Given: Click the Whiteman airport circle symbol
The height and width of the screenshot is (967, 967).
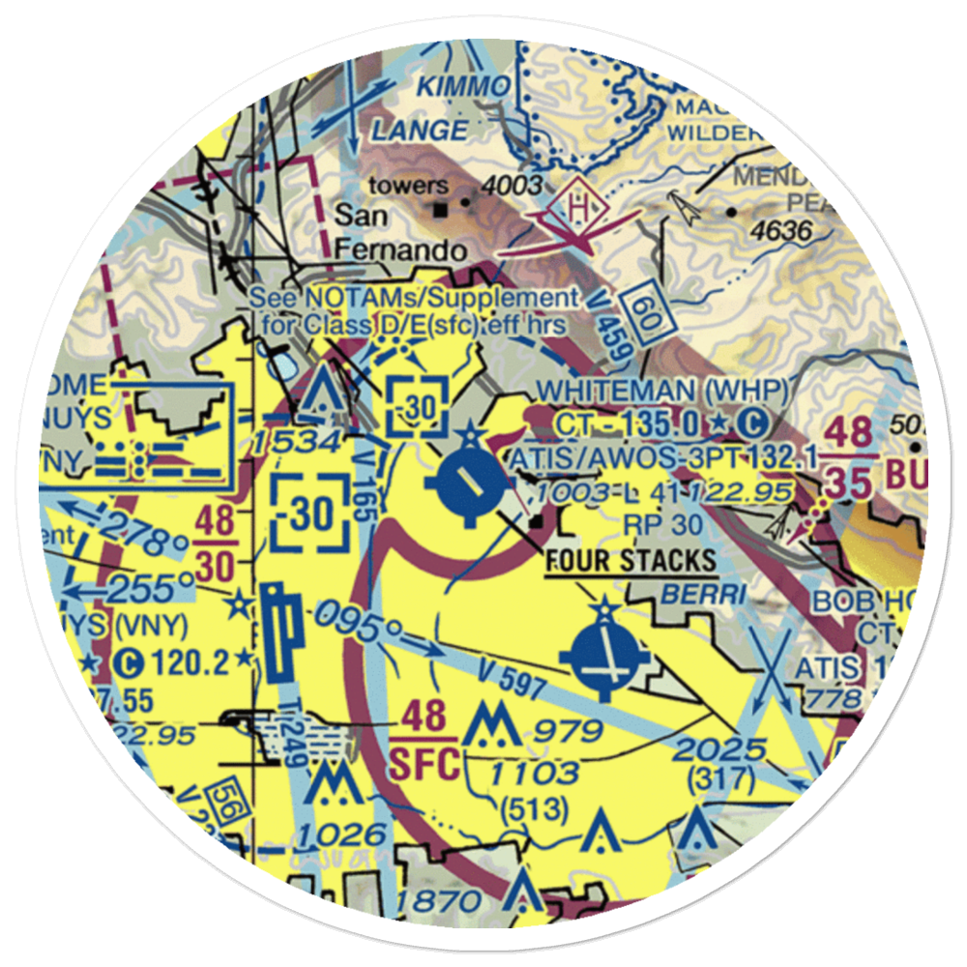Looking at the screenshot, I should pyautogui.click(x=468, y=480).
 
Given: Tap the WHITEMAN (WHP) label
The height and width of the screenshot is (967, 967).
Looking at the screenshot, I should pyautogui.click(x=662, y=392).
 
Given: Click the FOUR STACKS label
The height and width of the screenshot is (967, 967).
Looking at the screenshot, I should pyautogui.click(x=630, y=560).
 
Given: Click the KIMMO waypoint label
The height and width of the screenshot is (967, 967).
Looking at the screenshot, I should pyautogui.click(x=462, y=87).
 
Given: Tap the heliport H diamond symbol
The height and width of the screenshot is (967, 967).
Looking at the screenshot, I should pyautogui.click(x=579, y=206).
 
